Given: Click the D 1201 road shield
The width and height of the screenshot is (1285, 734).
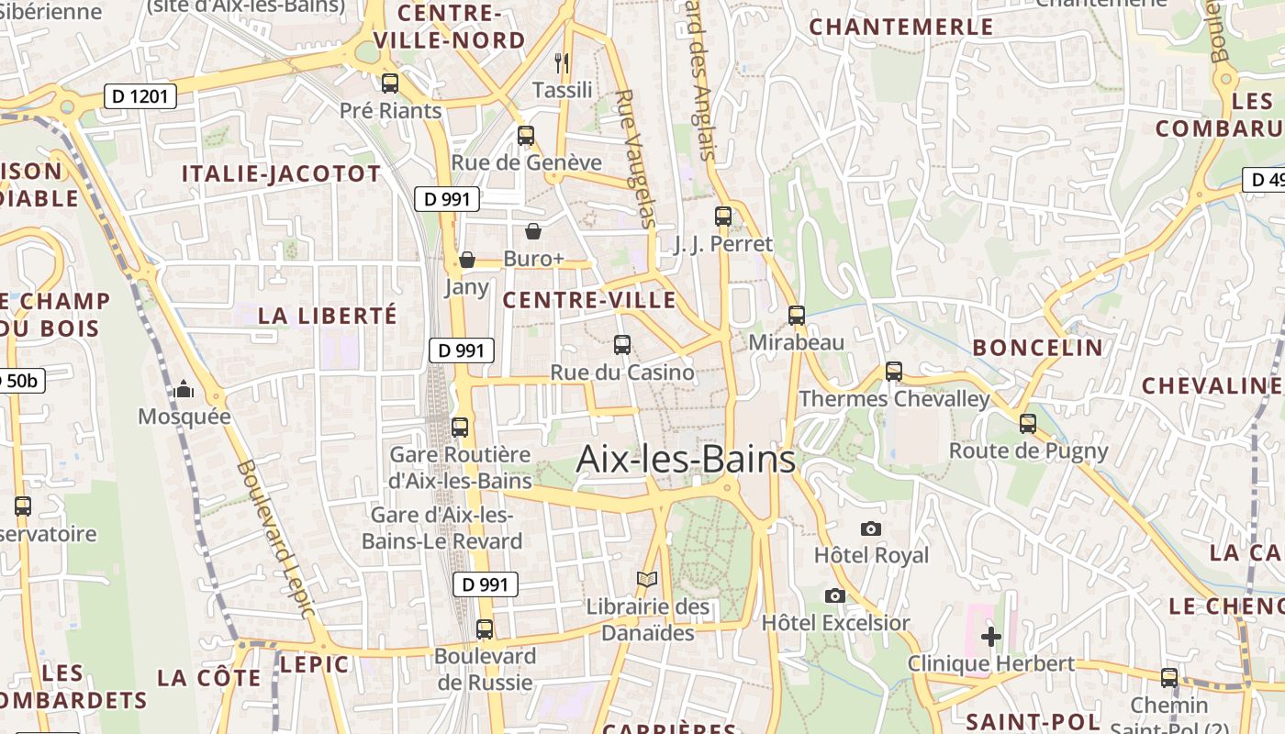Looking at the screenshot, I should (x=140, y=95).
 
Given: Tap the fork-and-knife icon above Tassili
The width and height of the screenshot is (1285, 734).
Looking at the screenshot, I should (x=563, y=63).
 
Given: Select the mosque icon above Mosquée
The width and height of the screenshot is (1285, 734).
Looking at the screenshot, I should (x=184, y=390).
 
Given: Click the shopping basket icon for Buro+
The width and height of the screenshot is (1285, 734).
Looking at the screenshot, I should (x=533, y=231).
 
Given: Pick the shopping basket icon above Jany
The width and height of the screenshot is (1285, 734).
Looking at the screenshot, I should (x=467, y=261).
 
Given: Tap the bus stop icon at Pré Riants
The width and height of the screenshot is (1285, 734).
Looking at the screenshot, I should (x=390, y=83).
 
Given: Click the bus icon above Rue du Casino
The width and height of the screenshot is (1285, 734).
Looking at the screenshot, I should (x=622, y=345).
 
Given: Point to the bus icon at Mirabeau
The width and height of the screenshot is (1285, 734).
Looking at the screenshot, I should (x=797, y=316).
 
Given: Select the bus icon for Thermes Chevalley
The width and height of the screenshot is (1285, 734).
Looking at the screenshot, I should (x=894, y=372).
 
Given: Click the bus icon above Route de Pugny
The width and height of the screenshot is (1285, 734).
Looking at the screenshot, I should (x=1028, y=424).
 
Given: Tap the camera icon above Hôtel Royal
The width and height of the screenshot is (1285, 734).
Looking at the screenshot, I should (x=871, y=528).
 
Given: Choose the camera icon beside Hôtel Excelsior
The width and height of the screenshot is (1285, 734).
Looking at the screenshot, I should (x=834, y=595).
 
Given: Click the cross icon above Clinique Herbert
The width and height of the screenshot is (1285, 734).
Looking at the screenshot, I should (x=991, y=636).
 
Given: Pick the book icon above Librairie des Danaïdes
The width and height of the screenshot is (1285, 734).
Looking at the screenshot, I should (x=647, y=580).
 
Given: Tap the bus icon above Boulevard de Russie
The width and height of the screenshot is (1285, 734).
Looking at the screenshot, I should (x=485, y=629).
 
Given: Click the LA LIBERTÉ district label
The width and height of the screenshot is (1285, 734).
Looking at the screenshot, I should (x=328, y=316).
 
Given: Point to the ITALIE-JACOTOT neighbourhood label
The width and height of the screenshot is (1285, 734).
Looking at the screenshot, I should (x=281, y=174).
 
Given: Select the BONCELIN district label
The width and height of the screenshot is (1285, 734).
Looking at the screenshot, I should (x=1037, y=348).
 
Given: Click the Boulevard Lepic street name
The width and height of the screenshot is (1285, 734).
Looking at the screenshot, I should (x=275, y=537).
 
